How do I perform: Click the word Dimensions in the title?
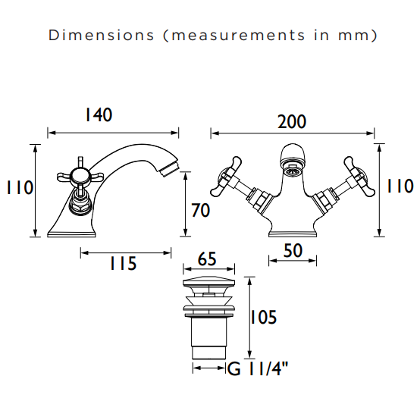pyautogui.click(x=102, y=35)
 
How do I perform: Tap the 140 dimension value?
pyautogui.click(x=99, y=115)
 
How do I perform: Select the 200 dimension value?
pyautogui.click(x=292, y=121)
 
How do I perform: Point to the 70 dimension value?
pyautogui.click(x=201, y=210)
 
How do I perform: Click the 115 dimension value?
pyautogui.click(x=124, y=263)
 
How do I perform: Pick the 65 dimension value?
pyautogui.click(x=207, y=259)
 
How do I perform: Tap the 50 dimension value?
pyautogui.click(x=293, y=250)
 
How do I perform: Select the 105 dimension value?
pyautogui.click(x=263, y=317)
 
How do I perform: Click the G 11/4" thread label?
pyautogui.click(x=258, y=368)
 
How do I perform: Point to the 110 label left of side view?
pyautogui.click(x=20, y=187)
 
